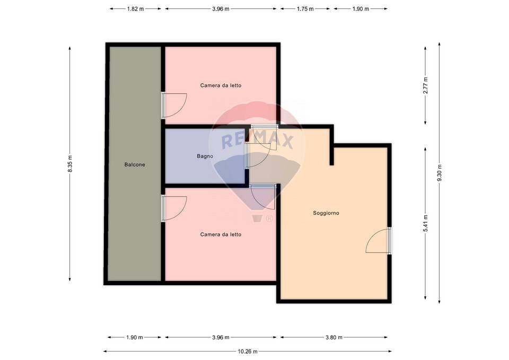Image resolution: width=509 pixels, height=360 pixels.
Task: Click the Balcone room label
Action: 135,164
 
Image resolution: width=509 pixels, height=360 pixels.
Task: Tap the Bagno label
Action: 205,156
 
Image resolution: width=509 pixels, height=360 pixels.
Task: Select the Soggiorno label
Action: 326,213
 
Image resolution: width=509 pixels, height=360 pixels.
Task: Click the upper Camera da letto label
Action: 221,85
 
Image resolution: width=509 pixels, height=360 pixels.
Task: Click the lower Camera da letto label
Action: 221,234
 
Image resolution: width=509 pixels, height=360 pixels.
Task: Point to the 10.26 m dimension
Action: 247,351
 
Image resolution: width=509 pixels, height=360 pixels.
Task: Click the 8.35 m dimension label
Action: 69,163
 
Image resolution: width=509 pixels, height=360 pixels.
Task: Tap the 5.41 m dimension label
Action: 425,223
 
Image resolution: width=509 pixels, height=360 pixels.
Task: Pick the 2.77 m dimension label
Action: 425,85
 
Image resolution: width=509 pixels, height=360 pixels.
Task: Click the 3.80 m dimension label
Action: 334,337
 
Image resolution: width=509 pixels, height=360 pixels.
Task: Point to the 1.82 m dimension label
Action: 135,8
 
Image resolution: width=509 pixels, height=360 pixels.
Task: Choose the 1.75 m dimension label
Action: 305,8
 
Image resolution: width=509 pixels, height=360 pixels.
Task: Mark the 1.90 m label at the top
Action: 361,8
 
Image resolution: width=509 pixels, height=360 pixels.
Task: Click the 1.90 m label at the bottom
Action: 135,337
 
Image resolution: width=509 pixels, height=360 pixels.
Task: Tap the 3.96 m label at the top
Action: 221,8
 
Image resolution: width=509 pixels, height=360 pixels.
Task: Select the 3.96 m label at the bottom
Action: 221,337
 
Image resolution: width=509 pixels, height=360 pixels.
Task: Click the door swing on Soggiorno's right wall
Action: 379,241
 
